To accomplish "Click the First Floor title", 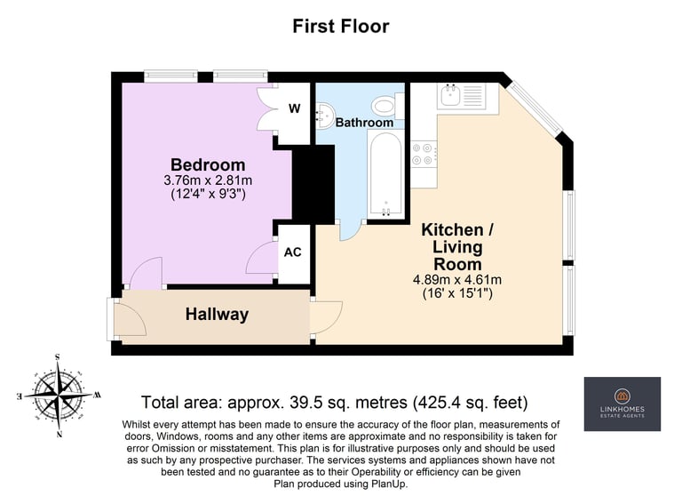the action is [x=341, y=26].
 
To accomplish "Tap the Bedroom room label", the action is [x=208, y=164].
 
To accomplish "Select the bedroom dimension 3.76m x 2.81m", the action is [x=208, y=180].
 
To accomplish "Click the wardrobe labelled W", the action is [x=295, y=108].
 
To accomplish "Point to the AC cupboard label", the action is [x=293, y=252].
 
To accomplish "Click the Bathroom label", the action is [x=364, y=123].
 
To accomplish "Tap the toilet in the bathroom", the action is [x=388, y=106].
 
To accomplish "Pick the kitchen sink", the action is [x=451, y=95].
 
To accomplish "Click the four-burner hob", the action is [x=424, y=154].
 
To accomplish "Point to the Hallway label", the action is [x=217, y=314].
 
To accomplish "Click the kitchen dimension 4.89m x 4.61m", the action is [x=457, y=279].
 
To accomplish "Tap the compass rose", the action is [x=58, y=396].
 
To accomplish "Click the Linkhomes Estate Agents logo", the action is [x=622, y=404].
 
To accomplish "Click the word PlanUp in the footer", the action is [x=388, y=484].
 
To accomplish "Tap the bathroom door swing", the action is [x=351, y=231].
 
